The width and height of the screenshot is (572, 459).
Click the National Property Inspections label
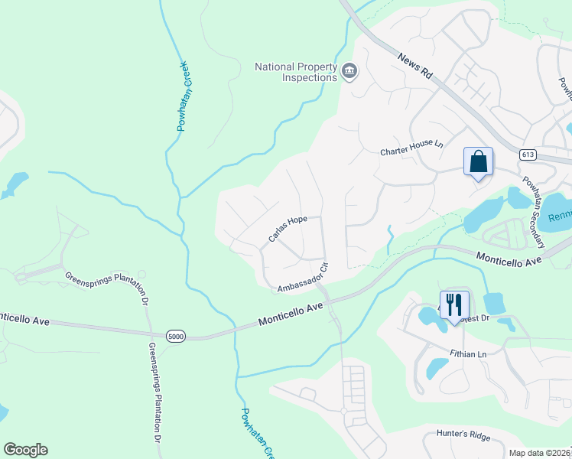[296, 72]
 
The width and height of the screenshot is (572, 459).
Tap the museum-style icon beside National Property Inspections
[349, 72]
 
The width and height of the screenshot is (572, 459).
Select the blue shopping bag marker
[478, 162]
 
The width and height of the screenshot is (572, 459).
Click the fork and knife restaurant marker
[453, 304]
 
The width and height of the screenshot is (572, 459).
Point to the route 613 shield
[527, 155]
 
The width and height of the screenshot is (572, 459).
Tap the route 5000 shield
[176, 335]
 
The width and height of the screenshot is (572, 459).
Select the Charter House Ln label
[411, 152]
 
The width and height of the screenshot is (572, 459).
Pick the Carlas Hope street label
[288, 229]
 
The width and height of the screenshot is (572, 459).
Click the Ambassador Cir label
[303, 279]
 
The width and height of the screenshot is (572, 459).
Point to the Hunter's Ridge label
[463, 435]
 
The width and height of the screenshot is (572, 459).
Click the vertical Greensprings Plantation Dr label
[153, 394]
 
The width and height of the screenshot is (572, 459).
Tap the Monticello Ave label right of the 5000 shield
[288, 314]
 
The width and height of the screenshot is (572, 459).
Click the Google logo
[25, 450]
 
